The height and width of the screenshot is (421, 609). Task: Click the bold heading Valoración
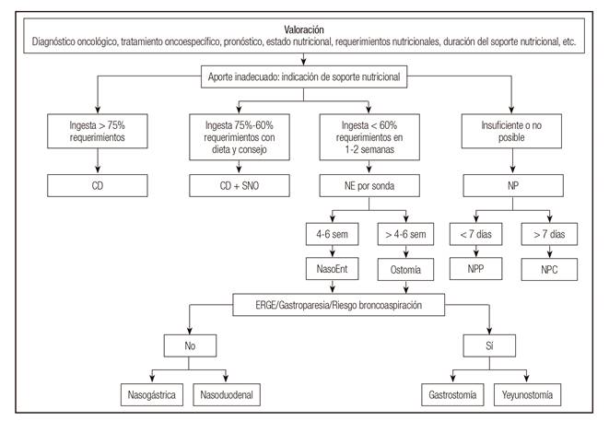click(x=304, y=28)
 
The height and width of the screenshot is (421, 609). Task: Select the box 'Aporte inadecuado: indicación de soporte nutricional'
click(x=304, y=78)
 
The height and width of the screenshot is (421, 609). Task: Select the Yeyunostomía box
click(x=526, y=395)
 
